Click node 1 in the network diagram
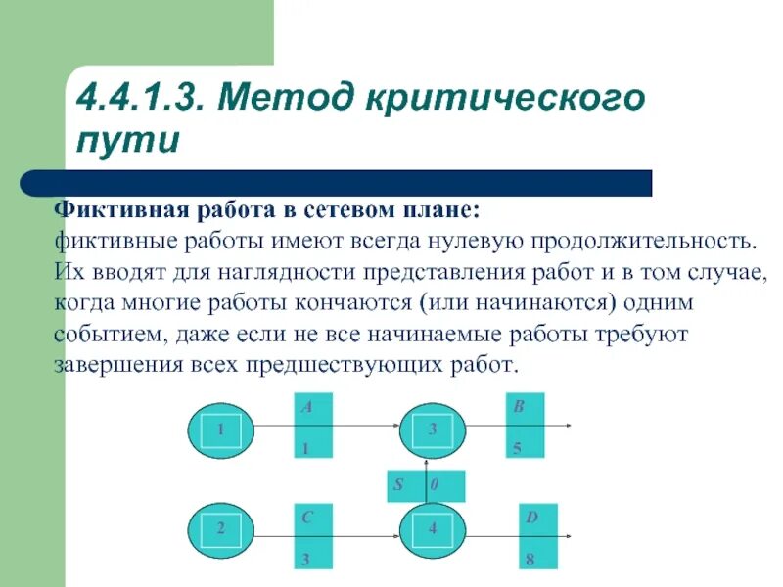click(221, 429)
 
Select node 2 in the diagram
click(221, 529)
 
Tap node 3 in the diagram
click(432, 429)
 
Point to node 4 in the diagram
click(432, 529)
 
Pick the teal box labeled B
click(525, 427)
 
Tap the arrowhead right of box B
click(568, 427)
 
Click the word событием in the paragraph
click(107, 335)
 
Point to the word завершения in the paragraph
click(117, 366)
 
